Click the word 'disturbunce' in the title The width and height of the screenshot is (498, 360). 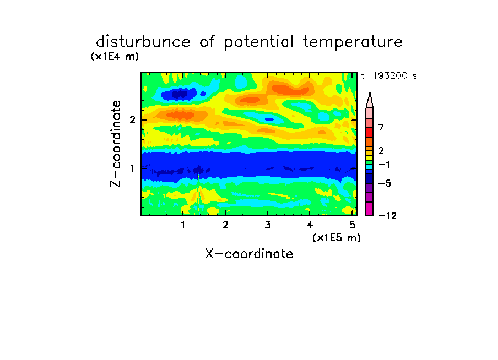click(143, 42)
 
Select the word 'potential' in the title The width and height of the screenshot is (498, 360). click(258, 42)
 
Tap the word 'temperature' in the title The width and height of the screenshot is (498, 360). click(353, 42)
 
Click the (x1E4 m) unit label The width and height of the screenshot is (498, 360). click(115, 57)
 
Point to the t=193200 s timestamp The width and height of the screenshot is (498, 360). click(389, 76)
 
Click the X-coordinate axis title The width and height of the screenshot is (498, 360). click(249, 254)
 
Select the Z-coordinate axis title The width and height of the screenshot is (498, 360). click(116, 144)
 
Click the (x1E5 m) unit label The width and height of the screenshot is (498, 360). click(337, 238)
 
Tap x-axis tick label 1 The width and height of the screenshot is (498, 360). click(183, 225)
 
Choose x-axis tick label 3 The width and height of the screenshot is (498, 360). click(268, 225)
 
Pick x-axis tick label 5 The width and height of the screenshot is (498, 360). click(352, 225)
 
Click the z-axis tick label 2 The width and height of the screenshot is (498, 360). click(132, 120)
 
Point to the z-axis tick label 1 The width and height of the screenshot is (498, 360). click(132, 168)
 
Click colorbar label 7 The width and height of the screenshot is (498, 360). click(381, 128)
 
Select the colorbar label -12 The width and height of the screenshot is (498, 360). click(387, 216)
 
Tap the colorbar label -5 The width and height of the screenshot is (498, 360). click(385, 183)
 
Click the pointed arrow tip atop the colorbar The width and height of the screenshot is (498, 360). click(370, 92)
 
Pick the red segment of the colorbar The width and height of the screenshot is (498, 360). click(370, 132)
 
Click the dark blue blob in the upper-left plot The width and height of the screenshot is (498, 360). click(180, 94)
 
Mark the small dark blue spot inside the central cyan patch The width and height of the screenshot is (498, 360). click(269, 119)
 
